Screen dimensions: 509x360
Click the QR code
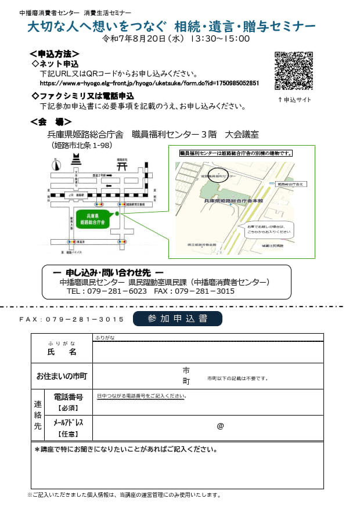[x=293, y=71]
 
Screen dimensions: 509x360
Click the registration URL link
[x=150, y=84]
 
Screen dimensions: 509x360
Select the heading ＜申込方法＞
[x=55, y=54]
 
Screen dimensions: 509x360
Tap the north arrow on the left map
[x=55, y=165]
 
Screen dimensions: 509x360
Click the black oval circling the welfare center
[x=218, y=175]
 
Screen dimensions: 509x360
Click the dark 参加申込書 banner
[x=177, y=319]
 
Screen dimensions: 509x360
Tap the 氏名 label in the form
[x=62, y=352]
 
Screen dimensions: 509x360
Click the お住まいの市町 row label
[x=62, y=376]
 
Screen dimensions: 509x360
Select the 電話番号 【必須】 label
[x=69, y=402]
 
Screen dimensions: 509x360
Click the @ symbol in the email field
[x=220, y=426]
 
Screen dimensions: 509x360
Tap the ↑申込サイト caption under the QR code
[x=294, y=100]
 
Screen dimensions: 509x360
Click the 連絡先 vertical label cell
[x=38, y=414]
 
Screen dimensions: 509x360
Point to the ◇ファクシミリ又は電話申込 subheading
[x=82, y=96]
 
